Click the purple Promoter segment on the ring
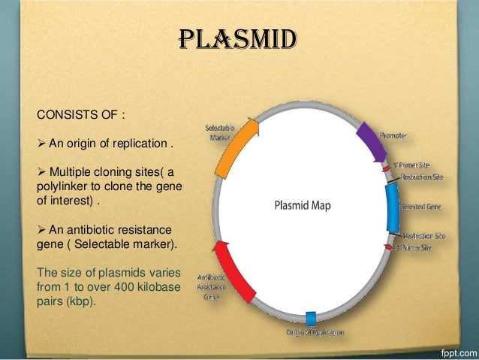click(x=369, y=140)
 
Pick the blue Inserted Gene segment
click(x=392, y=207)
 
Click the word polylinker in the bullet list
click(x=60, y=186)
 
